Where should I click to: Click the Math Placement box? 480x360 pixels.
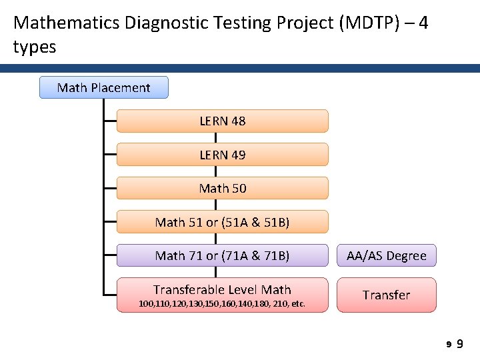103,87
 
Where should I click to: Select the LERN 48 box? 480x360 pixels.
222,121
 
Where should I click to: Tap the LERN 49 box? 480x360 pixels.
222,155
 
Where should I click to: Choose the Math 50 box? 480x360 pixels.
222,188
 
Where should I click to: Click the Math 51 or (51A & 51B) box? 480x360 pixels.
222,222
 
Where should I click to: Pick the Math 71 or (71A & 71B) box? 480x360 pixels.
222,255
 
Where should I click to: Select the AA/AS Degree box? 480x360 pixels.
387,256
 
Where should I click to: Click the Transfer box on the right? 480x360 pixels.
387,295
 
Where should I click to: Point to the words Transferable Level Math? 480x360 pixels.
222,289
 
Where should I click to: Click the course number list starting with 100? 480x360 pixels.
222,304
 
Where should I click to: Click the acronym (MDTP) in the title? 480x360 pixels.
369,23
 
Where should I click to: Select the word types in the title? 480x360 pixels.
35,47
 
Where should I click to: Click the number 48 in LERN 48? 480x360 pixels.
237,121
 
